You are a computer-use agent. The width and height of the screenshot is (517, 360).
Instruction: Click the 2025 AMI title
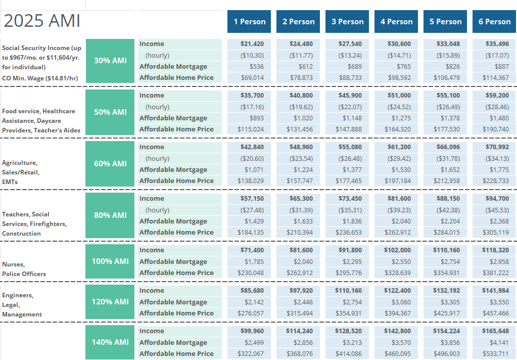pyautogui.click(x=42, y=21)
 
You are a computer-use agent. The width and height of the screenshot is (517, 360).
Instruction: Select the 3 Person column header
pyautogui.click(x=347, y=22)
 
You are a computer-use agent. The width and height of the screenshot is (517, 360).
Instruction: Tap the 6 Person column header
pyautogui.click(x=494, y=22)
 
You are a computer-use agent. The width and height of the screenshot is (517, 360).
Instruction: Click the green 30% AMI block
pyautogui.click(x=110, y=61)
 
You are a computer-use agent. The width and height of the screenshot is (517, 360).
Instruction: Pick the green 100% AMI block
pyautogui.click(x=110, y=261)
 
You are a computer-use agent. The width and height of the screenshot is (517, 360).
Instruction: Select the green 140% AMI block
pyautogui.click(x=110, y=342)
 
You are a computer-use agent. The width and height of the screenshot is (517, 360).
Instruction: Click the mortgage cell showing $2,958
pyautogui.click(x=494, y=261)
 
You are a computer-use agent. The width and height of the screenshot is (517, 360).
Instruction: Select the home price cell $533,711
pyautogui.click(x=494, y=353)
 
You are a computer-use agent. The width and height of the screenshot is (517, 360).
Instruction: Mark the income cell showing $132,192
pyautogui.click(x=445, y=291)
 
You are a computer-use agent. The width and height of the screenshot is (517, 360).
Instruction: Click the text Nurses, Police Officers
pyautogui.click(x=24, y=269)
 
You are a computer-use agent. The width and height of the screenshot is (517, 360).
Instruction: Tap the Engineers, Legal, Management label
pyautogui.click(x=22, y=305)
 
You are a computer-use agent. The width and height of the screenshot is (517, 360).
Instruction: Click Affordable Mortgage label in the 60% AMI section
pyautogui.click(x=173, y=169)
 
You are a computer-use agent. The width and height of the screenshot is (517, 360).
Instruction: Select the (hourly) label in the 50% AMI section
pyautogui.click(x=157, y=107)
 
